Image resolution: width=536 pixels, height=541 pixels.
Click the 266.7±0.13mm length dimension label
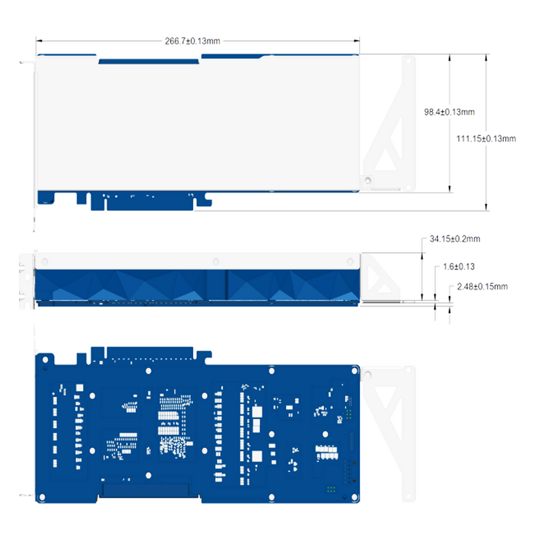[x=192, y=41]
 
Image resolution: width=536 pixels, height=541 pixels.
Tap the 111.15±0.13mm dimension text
[x=486, y=139]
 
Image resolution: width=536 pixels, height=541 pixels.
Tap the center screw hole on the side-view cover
[x=215, y=261]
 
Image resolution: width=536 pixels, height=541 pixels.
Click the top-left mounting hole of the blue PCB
[x=45, y=359]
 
